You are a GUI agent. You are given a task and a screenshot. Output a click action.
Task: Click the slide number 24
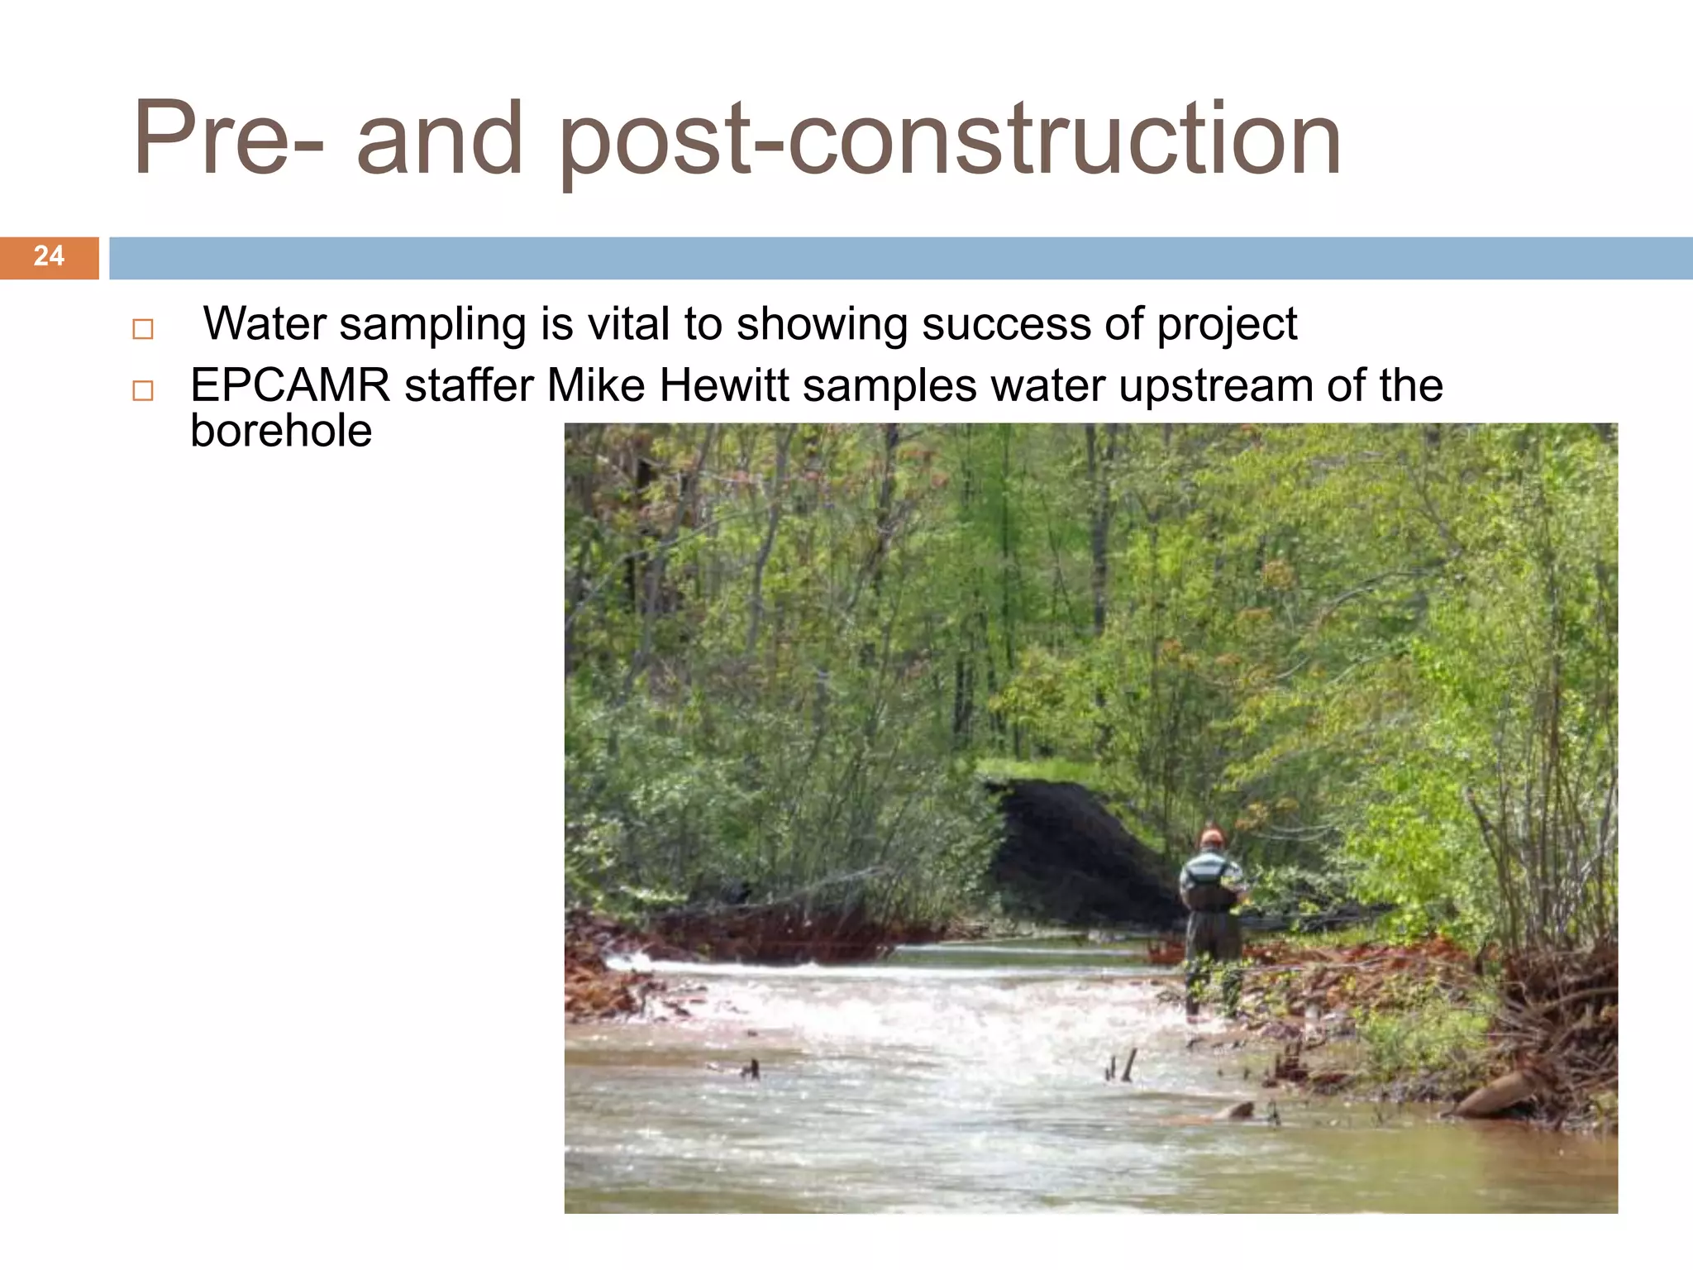(x=49, y=256)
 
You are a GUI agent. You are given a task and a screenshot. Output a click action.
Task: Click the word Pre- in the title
(x=228, y=139)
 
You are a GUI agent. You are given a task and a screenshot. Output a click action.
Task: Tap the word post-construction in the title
(x=950, y=141)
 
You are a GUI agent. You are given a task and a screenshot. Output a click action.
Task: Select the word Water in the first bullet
(x=265, y=323)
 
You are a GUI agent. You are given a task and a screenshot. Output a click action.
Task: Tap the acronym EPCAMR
(x=290, y=385)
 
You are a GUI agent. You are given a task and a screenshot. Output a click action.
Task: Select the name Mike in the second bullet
(x=595, y=385)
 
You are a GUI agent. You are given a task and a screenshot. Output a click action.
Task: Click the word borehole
(x=281, y=431)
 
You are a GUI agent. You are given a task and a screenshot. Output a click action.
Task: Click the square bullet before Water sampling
(x=143, y=329)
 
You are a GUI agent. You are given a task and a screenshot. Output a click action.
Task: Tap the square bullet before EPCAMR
(x=143, y=390)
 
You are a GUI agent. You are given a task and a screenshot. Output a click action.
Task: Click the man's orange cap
(x=1212, y=837)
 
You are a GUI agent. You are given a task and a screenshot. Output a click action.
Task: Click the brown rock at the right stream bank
(x=1496, y=1093)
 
